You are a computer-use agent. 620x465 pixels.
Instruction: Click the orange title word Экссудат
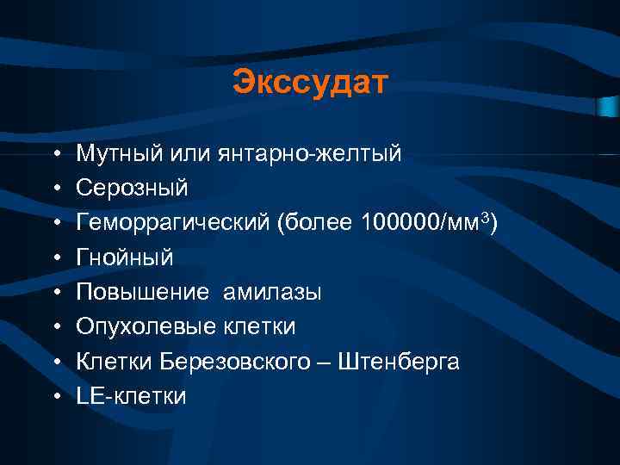click(x=310, y=84)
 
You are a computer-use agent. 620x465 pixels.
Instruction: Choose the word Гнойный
click(x=125, y=257)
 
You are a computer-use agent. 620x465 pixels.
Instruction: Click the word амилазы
click(x=272, y=293)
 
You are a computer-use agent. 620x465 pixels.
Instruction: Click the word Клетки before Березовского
click(x=114, y=362)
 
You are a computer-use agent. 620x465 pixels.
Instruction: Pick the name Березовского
click(x=237, y=362)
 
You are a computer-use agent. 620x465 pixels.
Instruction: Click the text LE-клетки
click(x=131, y=396)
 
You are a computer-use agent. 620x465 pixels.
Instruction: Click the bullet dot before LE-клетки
click(x=55, y=397)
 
